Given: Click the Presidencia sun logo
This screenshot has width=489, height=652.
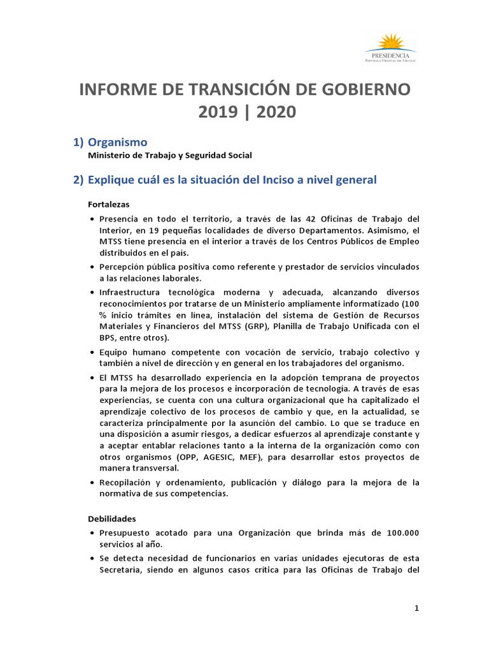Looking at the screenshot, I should [390, 44].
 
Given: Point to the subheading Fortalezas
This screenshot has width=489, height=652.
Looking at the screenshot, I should [109, 204].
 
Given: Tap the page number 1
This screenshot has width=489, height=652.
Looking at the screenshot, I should [416, 608].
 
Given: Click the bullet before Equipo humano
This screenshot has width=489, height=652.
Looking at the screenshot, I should [92, 352].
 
